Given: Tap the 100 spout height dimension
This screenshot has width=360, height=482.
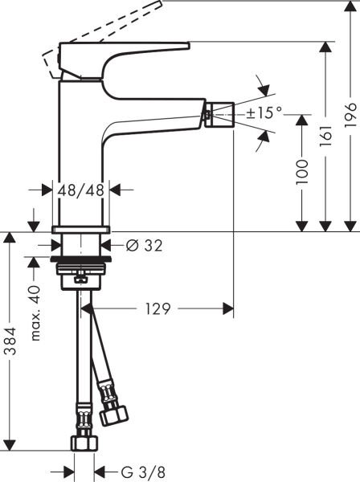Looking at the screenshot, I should [x=301, y=172].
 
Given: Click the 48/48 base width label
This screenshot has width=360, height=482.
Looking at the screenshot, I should [x=80, y=190].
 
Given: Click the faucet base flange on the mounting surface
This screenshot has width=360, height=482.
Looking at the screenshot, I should [x=80, y=232].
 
